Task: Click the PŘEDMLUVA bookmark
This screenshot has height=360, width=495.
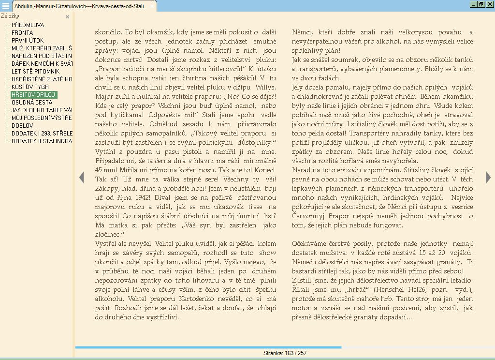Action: pyautogui.click(x=28, y=25)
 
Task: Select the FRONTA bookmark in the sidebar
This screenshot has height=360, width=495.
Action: pyautogui.click(x=22, y=32)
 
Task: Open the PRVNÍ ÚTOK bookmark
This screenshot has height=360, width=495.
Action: pyautogui.click(x=28, y=40)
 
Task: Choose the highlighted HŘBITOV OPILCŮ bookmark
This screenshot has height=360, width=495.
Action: pyautogui.click(x=34, y=94)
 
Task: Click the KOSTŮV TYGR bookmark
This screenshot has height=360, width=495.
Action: pyautogui.click(x=30, y=87)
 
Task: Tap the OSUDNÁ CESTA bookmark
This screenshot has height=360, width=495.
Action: pyautogui.click(x=32, y=102)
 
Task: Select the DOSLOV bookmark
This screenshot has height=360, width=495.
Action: pyautogui.click(x=22, y=125)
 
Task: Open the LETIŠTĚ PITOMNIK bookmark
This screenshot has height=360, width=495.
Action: pyautogui.click(x=35, y=71)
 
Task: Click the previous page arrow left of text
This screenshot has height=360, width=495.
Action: pyautogui.click(x=81, y=177)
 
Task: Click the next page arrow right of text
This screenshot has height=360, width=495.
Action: pyautogui.click(x=488, y=177)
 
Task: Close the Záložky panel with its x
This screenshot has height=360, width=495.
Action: pyautogui.click(x=68, y=16)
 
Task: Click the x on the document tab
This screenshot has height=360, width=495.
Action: pyautogui.click(x=152, y=6)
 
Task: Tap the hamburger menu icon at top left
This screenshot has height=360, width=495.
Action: pyautogui.click(x=5, y=6)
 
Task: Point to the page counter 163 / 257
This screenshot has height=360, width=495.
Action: pyautogui.click(x=285, y=353)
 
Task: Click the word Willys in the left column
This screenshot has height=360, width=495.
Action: pyautogui.click(x=264, y=87)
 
